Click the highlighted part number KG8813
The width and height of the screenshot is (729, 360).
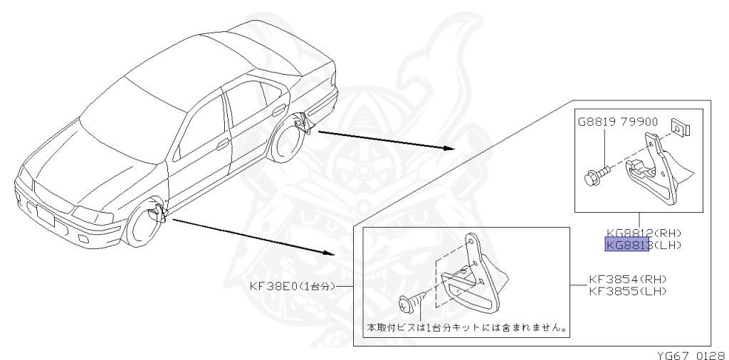(626, 245)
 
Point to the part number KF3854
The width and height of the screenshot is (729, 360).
(612, 279)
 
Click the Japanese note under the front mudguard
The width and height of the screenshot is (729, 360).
(466, 329)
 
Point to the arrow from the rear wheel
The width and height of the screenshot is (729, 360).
(384, 140)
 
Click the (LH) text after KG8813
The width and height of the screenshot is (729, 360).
(667, 245)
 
